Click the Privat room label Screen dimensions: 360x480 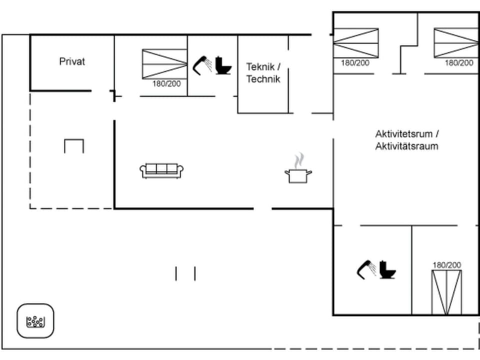pyautogui.click(x=72, y=61)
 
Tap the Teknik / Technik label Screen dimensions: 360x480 pyautogui.click(x=263, y=72)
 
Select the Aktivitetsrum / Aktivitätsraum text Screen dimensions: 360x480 pyautogui.click(x=407, y=140)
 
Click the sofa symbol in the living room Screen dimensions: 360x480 pyautogui.click(x=162, y=170)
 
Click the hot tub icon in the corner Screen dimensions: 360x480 pyautogui.click(x=35, y=321)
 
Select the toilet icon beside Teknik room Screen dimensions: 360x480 pyautogui.click(x=223, y=66)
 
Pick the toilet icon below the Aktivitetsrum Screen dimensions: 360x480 pyautogui.click(x=387, y=270)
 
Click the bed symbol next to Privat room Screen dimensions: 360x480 pyautogui.click(x=164, y=64)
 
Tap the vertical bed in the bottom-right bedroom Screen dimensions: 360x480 pyautogui.click(x=447, y=292)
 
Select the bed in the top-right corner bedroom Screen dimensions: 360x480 pyautogui.click(x=455, y=43)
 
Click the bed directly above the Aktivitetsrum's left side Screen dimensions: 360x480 pyautogui.click(x=356, y=43)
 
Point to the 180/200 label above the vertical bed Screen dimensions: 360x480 pyautogui.click(x=447, y=265)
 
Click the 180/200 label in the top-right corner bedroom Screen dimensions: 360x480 pyautogui.click(x=459, y=63)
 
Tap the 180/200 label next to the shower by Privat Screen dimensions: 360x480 pyautogui.click(x=166, y=84)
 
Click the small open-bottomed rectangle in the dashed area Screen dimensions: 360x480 pyautogui.click(x=74, y=146)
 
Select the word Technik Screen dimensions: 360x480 pyautogui.click(x=263, y=79)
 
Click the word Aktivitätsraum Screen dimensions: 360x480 pyautogui.click(x=407, y=146)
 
